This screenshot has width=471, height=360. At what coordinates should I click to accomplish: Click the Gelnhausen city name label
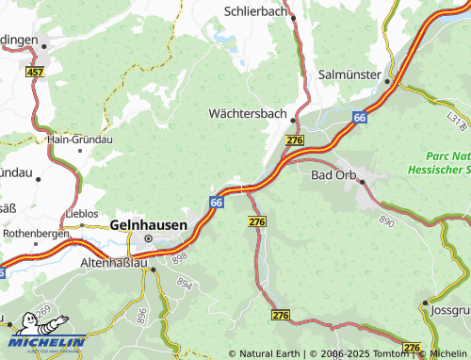click(x=148, y=224)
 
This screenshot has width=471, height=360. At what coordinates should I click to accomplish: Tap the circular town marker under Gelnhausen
click(x=148, y=237)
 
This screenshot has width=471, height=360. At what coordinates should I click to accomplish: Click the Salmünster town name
click(x=349, y=74)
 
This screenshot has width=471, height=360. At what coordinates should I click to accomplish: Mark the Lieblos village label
click(x=82, y=214)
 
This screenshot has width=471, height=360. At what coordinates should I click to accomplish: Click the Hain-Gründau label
click(x=80, y=139)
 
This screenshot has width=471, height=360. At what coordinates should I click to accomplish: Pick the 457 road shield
click(x=35, y=72)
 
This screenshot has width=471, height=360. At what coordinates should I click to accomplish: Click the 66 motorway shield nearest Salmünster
click(x=360, y=117)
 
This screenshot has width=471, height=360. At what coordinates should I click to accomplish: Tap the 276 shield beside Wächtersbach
click(x=295, y=139)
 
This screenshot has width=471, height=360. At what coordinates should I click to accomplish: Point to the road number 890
click(x=387, y=219)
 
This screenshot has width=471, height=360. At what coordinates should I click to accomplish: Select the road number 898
click(x=181, y=256)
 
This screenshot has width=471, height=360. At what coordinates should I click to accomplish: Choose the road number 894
click(x=184, y=283)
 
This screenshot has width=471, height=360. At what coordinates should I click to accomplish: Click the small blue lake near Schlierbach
click(x=225, y=40)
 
